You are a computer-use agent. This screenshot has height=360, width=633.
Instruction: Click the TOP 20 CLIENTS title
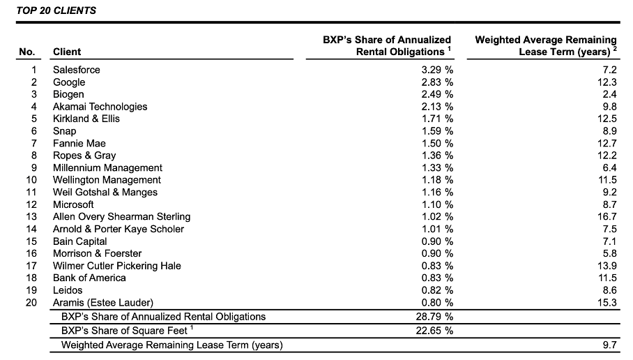coord(56,10)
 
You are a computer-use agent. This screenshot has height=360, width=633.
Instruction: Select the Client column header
coord(67,52)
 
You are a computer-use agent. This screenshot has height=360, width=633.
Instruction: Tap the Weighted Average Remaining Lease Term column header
coord(546,45)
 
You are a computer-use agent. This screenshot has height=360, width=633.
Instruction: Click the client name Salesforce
coord(77,70)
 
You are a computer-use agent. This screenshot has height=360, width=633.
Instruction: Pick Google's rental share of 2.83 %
coord(437,82)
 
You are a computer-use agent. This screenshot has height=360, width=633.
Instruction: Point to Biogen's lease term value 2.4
coord(610,94)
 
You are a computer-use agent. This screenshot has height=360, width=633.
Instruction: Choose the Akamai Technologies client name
coord(100,107)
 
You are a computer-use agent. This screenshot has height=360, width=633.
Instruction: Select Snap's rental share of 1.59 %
coord(437,131)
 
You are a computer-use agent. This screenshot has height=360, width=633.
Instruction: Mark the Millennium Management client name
coord(107,168)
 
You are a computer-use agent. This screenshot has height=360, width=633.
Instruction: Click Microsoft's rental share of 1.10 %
coord(437,204)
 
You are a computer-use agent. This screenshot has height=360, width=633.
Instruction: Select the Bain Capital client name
coord(81,241)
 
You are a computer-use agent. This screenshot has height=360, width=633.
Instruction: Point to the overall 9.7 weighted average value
coord(610,345)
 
